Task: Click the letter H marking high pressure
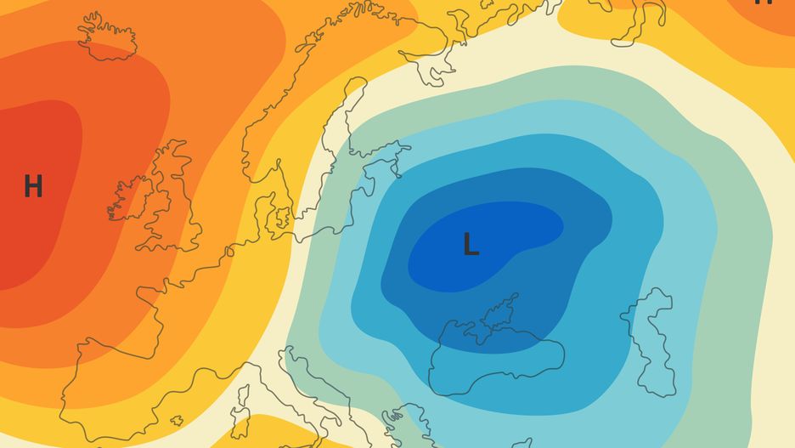tap(33, 185)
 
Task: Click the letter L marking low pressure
tap(471, 245)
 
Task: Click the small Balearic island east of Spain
tap(177, 420)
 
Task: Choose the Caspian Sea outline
tap(650, 340)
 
